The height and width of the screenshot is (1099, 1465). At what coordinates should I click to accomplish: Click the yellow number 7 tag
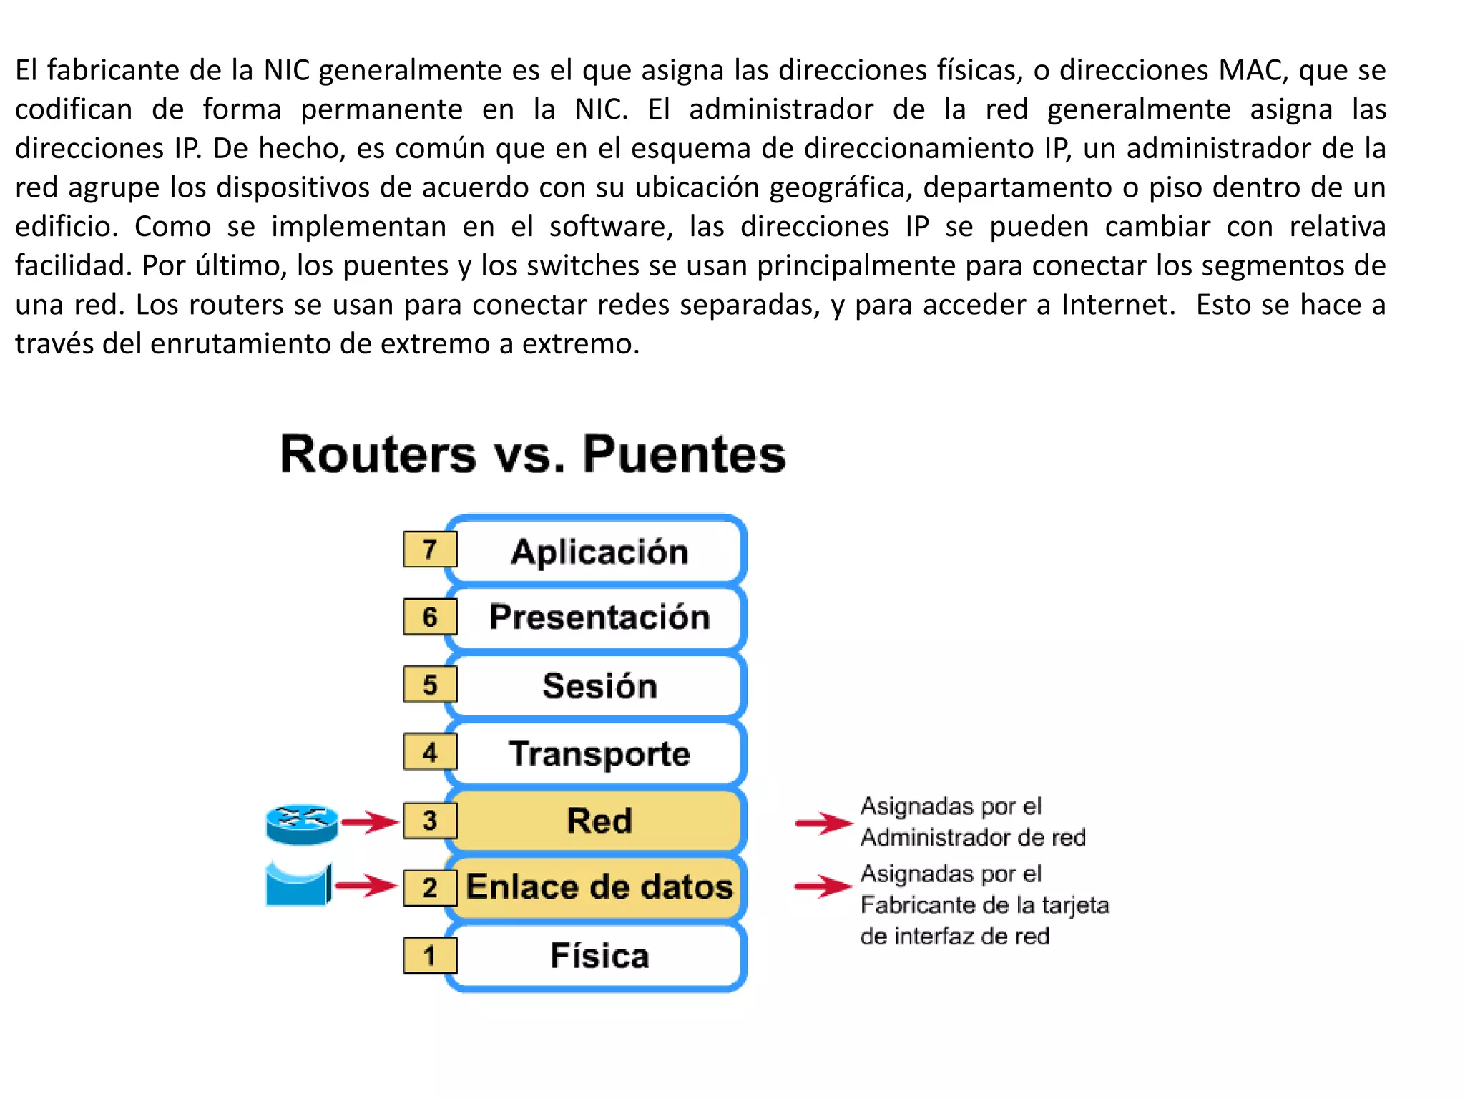[429, 549]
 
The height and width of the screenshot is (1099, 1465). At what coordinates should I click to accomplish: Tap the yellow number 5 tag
[429, 685]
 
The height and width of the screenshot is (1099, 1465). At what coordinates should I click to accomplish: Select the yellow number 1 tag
[429, 956]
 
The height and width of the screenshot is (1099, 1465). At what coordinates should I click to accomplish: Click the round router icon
[302, 824]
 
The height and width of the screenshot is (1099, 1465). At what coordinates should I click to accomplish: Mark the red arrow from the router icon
[370, 821]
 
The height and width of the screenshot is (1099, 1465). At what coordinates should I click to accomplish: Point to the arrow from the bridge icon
[366, 886]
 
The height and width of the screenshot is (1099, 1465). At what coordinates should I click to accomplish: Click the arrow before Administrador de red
[823, 823]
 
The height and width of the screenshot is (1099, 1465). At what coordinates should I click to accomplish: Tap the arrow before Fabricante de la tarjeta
[823, 886]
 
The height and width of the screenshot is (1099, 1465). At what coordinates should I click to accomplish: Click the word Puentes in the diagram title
[684, 454]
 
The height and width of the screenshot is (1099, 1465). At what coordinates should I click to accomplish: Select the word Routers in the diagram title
[378, 454]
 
